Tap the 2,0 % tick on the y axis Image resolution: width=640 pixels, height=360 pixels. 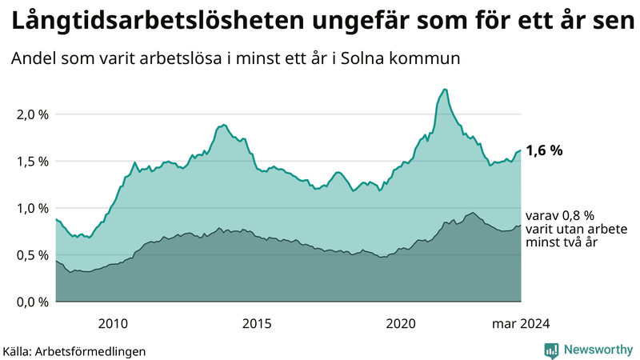click(33, 114)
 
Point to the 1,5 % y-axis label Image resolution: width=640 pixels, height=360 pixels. click(33, 162)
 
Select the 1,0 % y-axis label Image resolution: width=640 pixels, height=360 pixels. click(33, 208)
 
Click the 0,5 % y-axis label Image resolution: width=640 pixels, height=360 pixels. click(33, 255)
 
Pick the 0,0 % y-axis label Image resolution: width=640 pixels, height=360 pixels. click(33, 302)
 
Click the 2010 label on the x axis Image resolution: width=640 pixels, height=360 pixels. click(113, 324)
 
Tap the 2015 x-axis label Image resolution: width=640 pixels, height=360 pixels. click(257, 324)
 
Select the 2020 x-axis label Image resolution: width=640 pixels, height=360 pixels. click(401, 324)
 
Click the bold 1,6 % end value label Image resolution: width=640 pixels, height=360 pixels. click(545, 150)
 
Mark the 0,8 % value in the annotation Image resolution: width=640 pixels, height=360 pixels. click(577, 216)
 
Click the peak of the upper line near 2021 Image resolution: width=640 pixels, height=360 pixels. click(445, 89)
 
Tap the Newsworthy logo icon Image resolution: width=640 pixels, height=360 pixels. click(552, 350)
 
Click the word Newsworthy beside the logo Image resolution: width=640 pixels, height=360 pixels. click(598, 350)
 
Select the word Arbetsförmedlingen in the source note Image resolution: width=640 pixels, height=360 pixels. click(95, 351)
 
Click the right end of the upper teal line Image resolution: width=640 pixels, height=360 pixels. click(521, 150)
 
